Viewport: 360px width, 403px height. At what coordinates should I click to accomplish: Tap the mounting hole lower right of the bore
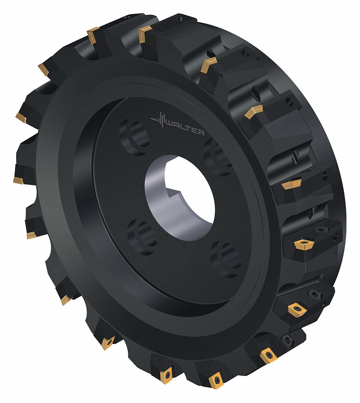pos(225,258)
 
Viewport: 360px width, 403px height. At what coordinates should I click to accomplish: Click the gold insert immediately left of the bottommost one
pos(166,374)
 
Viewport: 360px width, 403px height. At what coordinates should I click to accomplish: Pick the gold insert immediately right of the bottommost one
pos(268,355)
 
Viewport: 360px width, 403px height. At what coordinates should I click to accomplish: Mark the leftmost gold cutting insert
pos(18,179)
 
